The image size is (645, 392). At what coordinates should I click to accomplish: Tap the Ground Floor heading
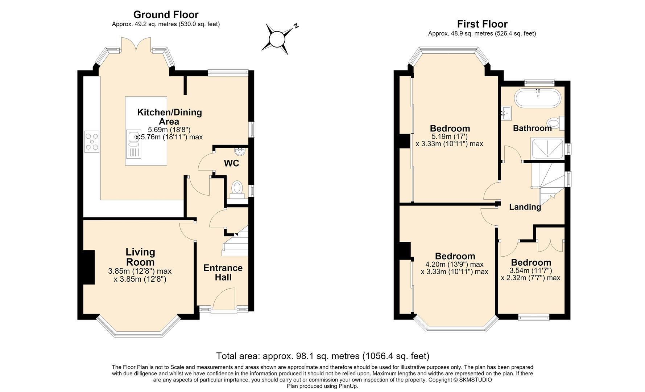click(x=166, y=15)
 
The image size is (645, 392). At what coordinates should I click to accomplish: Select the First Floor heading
click(x=482, y=24)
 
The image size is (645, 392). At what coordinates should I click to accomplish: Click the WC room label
click(x=232, y=163)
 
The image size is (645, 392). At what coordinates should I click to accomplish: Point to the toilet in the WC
click(x=237, y=189)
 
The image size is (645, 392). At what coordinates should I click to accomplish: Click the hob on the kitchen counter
click(x=92, y=142)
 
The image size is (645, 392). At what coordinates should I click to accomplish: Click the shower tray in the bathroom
click(x=547, y=148)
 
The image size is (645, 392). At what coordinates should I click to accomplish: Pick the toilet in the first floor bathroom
click(x=555, y=123)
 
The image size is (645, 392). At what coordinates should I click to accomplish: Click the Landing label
click(x=525, y=207)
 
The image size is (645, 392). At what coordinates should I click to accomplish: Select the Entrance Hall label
click(x=223, y=273)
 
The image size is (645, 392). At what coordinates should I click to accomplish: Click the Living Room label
click(x=140, y=257)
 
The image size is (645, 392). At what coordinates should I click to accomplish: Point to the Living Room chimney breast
click(x=89, y=267)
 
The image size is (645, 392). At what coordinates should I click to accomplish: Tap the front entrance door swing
click(x=224, y=298)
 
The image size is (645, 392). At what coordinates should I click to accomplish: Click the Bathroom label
click(x=532, y=128)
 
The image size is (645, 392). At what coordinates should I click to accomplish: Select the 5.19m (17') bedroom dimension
click(x=450, y=136)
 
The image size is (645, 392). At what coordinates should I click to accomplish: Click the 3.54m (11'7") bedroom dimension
click(x=531, y=270)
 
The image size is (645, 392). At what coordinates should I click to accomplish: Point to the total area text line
click(x=323, y=356)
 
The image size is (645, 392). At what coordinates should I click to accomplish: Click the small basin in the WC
click(x=240, y=151)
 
